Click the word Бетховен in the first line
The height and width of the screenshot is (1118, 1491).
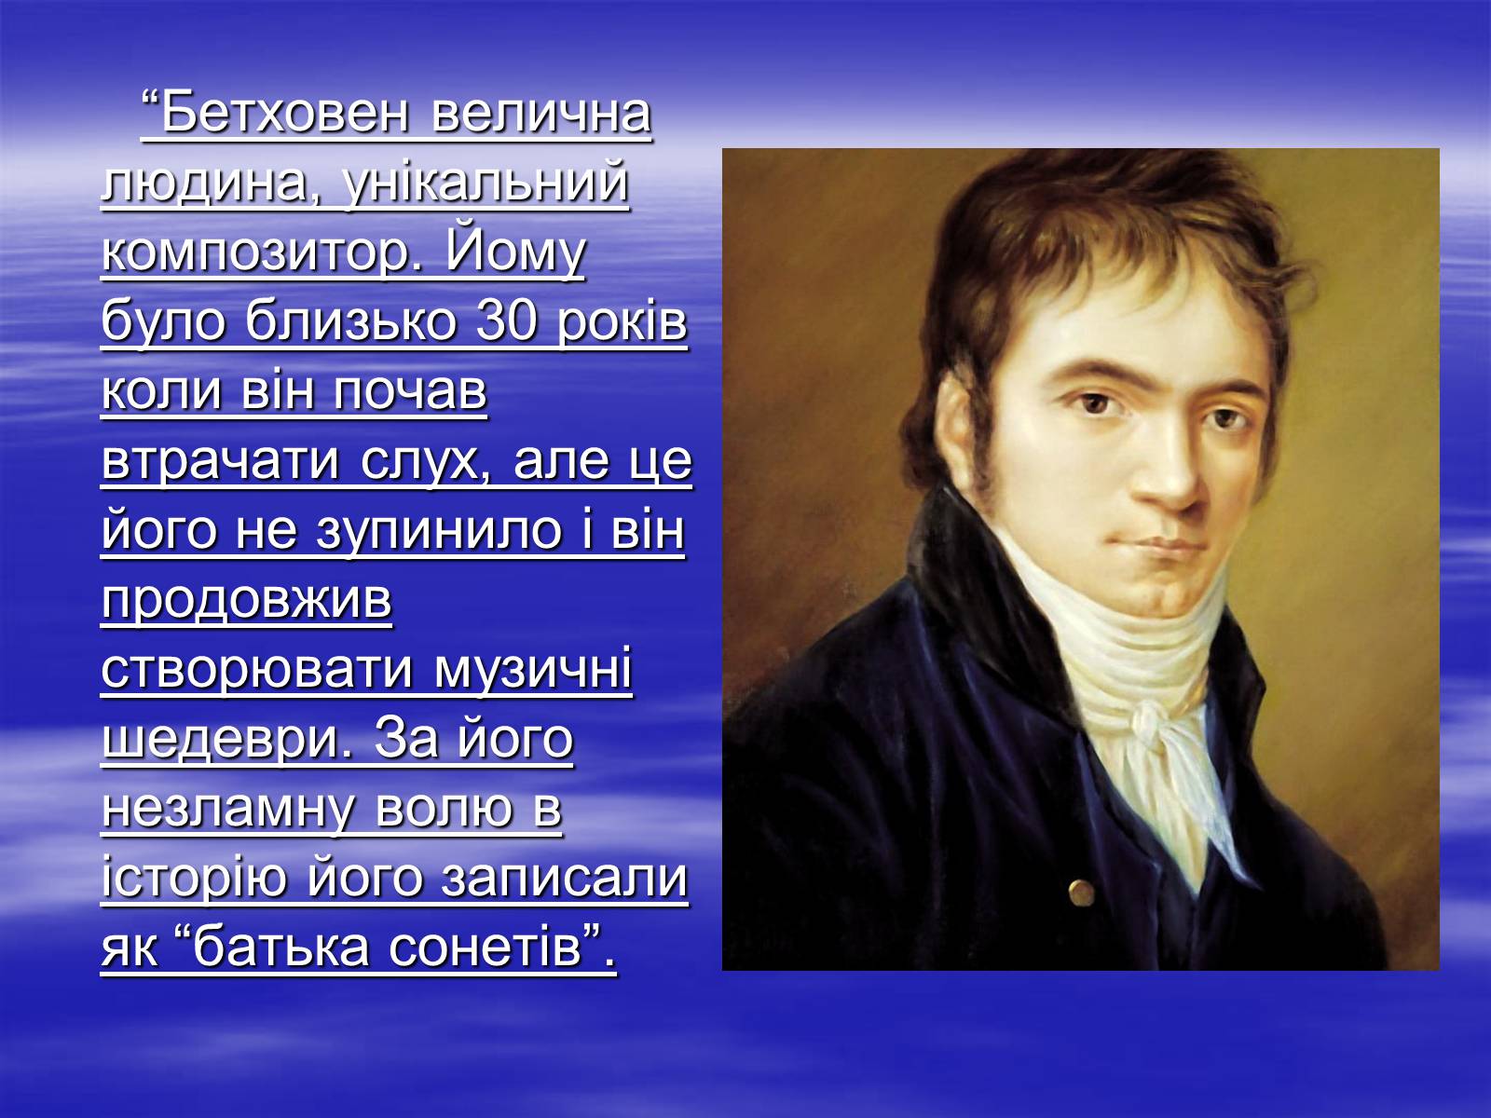[285, 113]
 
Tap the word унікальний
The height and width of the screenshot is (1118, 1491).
[485, 184]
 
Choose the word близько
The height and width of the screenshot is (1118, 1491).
[350, 321]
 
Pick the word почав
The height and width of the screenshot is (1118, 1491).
[410, 392]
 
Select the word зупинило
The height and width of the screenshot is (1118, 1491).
[439, 532]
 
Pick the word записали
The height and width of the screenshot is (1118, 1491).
[565, 879]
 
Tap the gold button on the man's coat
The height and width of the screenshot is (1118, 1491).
[1081, 892]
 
